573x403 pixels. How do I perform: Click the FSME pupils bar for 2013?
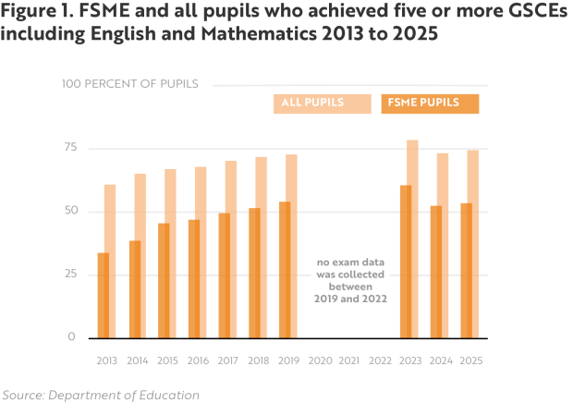click(103, 295)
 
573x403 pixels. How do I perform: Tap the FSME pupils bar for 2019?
click(284, 269)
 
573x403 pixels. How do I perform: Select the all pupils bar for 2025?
click(473, 242)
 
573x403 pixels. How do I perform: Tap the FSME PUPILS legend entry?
click(430, 104)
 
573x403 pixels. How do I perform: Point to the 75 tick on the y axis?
click(68, 149)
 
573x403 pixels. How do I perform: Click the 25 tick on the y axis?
click(68, 275)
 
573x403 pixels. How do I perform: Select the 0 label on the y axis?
click(71, 337)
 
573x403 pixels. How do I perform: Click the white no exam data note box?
click(350, 280)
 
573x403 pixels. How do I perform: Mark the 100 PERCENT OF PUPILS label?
click(130, 84)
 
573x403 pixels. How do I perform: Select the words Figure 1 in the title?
click(38, 12)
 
